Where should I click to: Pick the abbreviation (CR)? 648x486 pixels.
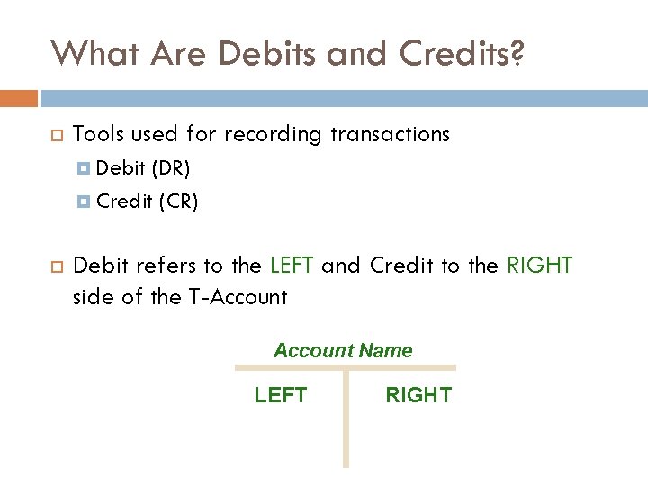(178, 202)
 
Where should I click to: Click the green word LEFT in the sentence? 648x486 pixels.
(292, 265)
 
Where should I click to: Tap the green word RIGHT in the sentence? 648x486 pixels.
(540, 265)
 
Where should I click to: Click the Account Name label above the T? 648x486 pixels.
(343, 351)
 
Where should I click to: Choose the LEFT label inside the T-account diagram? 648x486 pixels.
(281, 395)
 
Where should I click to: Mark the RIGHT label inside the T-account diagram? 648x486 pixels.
(418, 395)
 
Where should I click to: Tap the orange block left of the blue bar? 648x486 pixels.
(19, 97)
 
